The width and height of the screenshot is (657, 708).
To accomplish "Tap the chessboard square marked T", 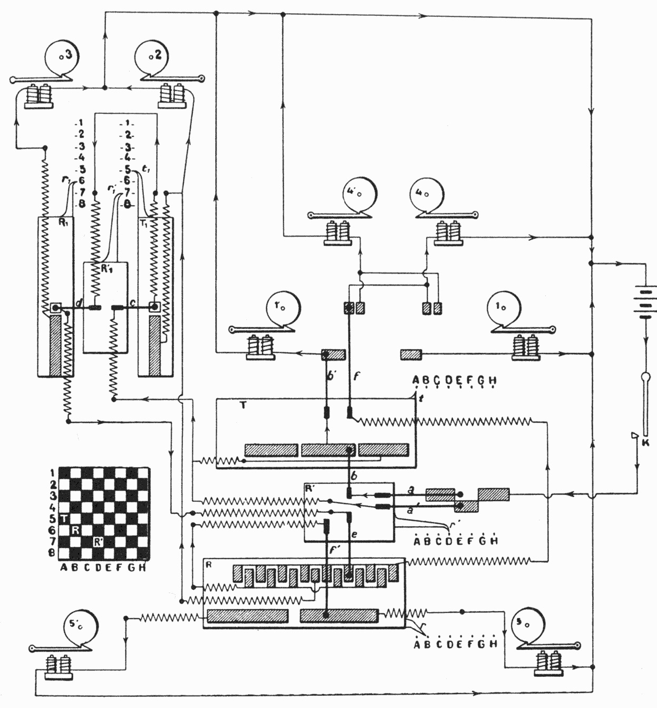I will pyautogui.click(x=64, y=519).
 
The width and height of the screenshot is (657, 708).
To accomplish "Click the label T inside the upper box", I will pyautogui.click(x=242, y=405).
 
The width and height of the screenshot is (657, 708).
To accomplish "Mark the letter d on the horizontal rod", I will pyautogui.click(x=79, y=303).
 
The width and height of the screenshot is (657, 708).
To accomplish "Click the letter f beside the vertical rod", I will pyautogui.click(x=356, y=376).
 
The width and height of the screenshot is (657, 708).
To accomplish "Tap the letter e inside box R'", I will pyautogui.click(x=354, y=535).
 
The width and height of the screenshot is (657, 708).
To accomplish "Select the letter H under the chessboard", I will pyautogui.click(x=142, y=567).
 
